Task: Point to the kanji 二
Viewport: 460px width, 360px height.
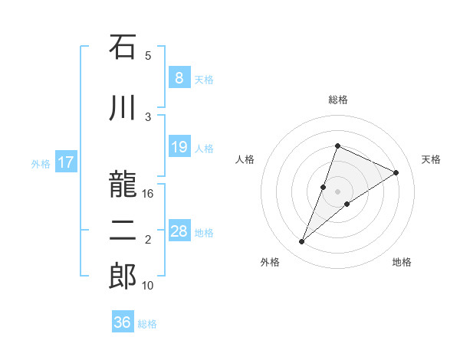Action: [122, 231]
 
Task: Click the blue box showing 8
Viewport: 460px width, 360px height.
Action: [179, 78]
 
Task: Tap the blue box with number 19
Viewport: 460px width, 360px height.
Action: [179, 147]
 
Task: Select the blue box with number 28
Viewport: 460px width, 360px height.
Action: [179, 231]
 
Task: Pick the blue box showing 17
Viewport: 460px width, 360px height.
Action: [65, 162]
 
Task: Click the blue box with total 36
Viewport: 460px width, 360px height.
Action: [122, 322]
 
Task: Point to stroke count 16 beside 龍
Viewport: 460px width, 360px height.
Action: [148, 194]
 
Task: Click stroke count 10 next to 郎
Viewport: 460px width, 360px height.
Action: [148, 286]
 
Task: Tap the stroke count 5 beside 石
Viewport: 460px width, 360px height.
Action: [148, 55]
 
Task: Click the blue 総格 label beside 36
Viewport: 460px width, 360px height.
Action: [147, 324]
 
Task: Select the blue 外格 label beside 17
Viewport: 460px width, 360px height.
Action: [41, 163]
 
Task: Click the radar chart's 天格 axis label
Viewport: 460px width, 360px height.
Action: [432, 159]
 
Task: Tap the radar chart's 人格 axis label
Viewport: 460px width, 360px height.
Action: [245, 159]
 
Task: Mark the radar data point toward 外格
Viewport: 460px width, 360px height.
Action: [302, 242]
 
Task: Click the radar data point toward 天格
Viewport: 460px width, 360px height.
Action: [396, 172]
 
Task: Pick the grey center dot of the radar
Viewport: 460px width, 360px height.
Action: [337, 191]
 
